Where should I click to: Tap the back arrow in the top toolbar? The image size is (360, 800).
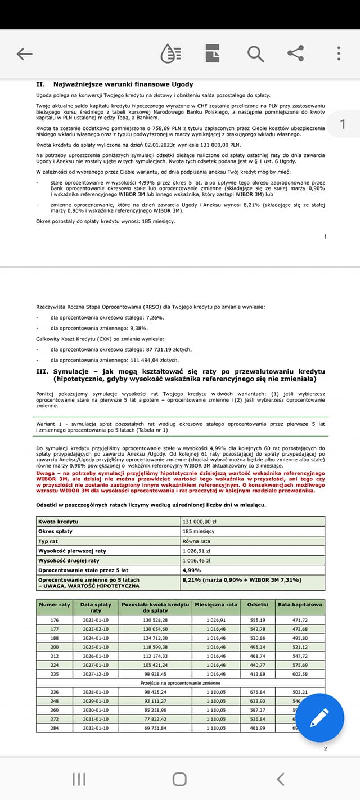click(x=25, y=54)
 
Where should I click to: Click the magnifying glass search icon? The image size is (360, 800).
click(x=255, y=54)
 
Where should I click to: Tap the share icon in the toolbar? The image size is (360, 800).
click(x=296, y=54)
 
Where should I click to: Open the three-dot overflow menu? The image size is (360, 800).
click(x=339, y=54)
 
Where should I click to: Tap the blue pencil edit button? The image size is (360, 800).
click(x=319, y=718)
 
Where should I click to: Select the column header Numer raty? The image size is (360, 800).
click(x=55, y=605)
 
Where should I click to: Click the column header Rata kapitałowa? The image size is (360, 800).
click(x=300, y=605)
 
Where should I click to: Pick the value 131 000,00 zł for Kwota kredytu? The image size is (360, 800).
click(x=199, y=522)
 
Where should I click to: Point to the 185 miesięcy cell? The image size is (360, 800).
click(x=199, y=531)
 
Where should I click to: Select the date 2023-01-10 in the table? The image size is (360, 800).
click(x=96, y=620)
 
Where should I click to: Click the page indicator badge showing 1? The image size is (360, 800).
click(x=343, y=124)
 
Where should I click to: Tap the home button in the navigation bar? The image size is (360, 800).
click(x=179, y=779)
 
